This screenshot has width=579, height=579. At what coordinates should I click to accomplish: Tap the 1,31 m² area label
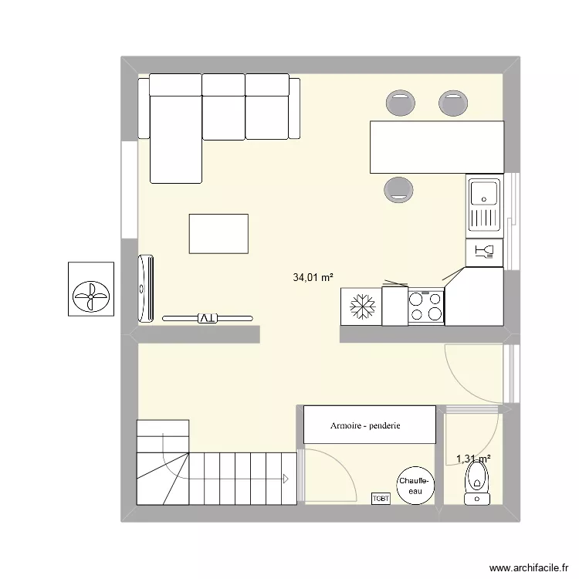pos(473,459)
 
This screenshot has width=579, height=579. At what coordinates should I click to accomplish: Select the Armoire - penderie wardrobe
pos(370,425)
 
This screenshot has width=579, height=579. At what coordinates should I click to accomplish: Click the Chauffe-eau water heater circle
pos(416,485)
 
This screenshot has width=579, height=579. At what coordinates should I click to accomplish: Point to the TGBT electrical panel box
pos(381,499)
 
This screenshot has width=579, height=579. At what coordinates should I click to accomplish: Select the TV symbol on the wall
pos(207,317)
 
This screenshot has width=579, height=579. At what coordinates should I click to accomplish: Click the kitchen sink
pos(484,204)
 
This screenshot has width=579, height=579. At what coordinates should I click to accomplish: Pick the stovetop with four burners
pos(425,306)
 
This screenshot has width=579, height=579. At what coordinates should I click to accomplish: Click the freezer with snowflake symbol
pos(361,306)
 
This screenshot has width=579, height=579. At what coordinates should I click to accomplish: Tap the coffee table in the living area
pos(218,234)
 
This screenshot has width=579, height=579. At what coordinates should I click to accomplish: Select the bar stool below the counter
pos(398,188)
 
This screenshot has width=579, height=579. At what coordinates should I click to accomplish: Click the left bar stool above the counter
pos(400,102)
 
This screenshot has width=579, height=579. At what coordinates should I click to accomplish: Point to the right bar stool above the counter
pos(452,102)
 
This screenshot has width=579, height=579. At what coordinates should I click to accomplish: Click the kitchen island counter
pos(437,147)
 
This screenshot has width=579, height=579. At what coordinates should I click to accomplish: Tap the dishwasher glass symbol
pos(484,251)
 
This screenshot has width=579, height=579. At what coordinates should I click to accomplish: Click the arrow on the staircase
pos(286,478)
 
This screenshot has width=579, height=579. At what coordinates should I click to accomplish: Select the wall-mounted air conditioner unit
pos(145,287)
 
